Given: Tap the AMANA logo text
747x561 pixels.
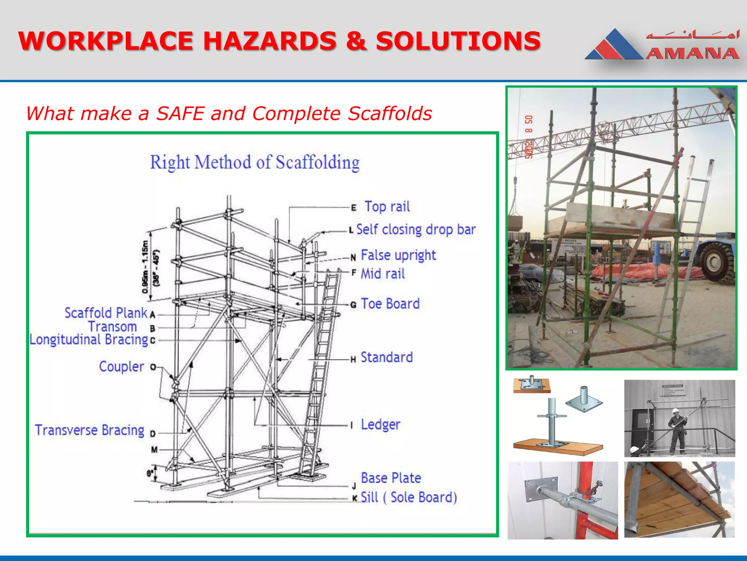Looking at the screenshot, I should [x=692, y=54].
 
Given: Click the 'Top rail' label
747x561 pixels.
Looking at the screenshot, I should [x=387, y=207].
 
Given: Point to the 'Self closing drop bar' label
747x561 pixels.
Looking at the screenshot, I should [x=416, y=230].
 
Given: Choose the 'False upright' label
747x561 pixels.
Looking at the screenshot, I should [x=398, y=255].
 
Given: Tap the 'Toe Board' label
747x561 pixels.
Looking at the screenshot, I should [x=390, y=304].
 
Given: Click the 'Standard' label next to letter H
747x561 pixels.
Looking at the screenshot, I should [x=387, y=357].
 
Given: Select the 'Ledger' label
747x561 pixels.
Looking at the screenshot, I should [x=380, y=424].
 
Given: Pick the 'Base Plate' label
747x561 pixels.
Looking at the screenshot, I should [x=391, y=478].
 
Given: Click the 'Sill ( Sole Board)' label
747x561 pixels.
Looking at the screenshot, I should [x=409, y=497].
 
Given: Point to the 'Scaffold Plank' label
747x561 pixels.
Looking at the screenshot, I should [x=106, y=313].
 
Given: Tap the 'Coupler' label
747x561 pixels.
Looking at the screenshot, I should [x=121, y=366].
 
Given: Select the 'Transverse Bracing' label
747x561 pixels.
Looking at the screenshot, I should [x=90, y=430].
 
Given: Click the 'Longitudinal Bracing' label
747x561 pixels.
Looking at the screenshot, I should [x=89, y=340].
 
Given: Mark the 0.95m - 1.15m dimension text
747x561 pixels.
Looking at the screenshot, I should [x=145, y=267].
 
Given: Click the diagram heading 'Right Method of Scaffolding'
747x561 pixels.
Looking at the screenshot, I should [x=255, y=162].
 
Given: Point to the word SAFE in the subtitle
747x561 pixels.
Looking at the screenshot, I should [x=180, y=113].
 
